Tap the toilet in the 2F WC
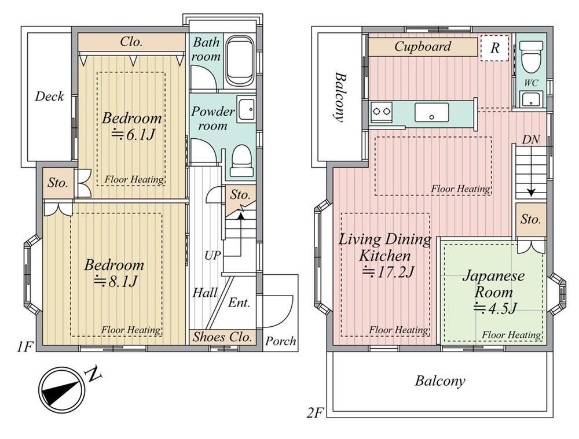click(531, 57)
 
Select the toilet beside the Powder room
click(241, 161)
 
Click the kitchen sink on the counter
click(432, 112)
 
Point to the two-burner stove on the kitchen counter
click(382, 110)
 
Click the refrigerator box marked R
click(495, 47)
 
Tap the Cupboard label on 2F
click(423, 46)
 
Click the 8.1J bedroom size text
click(116, 281)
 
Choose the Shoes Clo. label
click(222, 337)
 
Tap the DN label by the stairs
click(530, 139)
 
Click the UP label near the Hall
click(212, 255)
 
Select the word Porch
click(281, 341)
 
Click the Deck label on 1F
click(49, 97)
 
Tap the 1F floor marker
click(25, 347)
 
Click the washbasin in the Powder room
click(246, 109)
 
